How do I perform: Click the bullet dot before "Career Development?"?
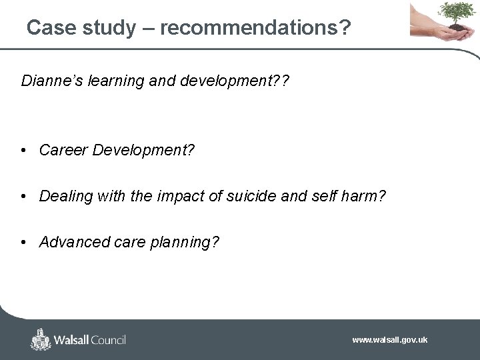23,151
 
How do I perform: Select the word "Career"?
64,151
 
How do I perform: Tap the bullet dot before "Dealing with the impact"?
23,197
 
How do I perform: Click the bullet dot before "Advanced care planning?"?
23,242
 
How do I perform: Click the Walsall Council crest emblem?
41,339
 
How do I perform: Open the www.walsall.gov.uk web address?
390,340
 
